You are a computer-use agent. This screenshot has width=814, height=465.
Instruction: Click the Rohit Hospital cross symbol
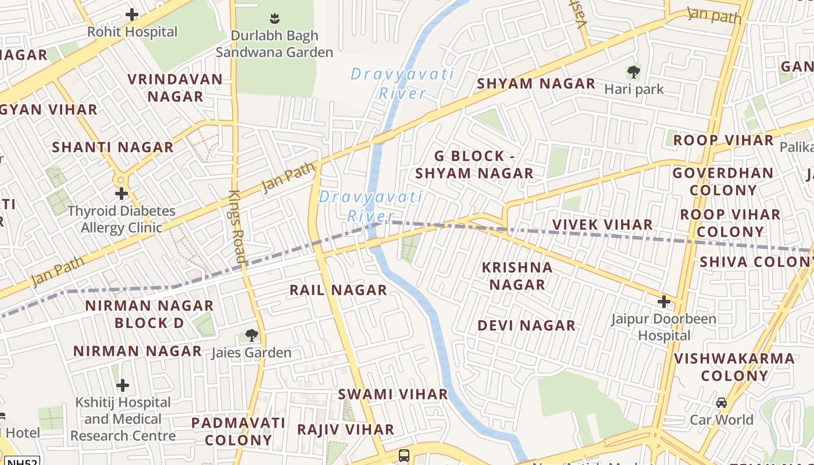click(132, 14)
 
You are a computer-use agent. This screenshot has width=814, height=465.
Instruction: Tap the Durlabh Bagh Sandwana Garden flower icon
click(274, 17)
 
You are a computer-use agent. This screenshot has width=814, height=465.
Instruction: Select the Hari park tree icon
click(633, 72)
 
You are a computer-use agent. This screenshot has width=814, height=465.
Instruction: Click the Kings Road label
click(237, 226)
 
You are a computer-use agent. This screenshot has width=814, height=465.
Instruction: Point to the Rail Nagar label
click(338, 289)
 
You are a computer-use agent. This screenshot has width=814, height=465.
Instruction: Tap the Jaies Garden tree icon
click(251, 335)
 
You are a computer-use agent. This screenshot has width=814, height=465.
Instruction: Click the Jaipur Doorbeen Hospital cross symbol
click(663, 302)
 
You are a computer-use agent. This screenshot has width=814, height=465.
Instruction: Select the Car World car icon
click(721, 402)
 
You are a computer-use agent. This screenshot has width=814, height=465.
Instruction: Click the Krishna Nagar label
click(517, 276)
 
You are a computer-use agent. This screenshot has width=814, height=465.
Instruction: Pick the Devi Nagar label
click(526, 325)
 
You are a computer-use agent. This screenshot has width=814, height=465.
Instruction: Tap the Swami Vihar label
click(393, 394)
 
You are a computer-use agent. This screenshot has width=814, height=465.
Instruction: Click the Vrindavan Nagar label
click(175, 88)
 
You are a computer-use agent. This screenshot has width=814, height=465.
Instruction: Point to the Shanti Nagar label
click(113, 147)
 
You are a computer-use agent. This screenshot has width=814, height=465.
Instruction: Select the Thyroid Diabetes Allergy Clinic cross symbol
click(122, 193)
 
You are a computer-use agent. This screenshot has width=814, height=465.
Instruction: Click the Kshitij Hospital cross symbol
click(123, 385)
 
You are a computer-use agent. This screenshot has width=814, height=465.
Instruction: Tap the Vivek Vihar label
click(602, 224)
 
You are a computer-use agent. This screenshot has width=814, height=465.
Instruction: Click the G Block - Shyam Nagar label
click(474, 164)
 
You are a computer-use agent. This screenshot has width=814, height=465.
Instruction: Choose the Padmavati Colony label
click(238, 431)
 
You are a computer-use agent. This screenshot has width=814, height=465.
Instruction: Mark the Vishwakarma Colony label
click(734, 367)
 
